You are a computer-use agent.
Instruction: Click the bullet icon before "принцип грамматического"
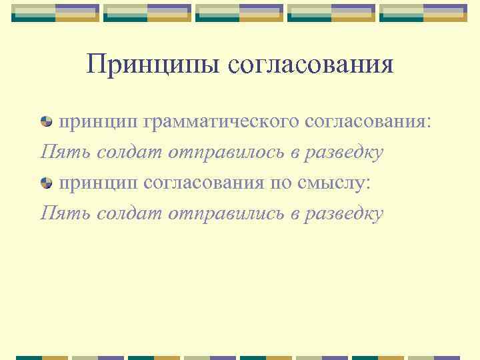(47, 122)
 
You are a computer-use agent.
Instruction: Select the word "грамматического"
(220, 123)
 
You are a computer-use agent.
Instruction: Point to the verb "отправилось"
(225, 153)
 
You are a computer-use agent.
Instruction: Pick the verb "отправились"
(225, 213)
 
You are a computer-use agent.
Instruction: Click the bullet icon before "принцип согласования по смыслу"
(47, 183)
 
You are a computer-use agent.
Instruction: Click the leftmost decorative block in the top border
(35, 12)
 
